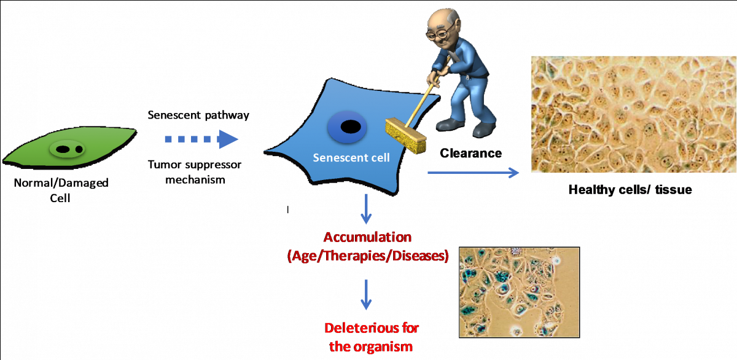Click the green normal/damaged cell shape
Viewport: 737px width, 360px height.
pos(70,147)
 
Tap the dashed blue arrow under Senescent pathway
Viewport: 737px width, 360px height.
pos(201,139)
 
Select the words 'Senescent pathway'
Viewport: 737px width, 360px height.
pos(198,115)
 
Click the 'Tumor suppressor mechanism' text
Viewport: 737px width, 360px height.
pos(195,172)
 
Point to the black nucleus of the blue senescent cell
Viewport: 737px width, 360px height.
pos(351,127)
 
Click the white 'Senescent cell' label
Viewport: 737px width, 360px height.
pos(351,158)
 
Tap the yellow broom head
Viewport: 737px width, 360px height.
pos(406,136)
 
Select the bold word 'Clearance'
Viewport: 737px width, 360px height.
pos(470,153)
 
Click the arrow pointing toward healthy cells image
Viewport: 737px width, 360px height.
pos(473,173)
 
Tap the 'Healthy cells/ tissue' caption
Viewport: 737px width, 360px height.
pos(630,190)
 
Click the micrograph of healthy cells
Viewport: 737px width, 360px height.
pos(634,114)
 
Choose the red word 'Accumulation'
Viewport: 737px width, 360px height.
pos(367,237)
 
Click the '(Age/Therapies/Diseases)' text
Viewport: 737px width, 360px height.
pos(368,256)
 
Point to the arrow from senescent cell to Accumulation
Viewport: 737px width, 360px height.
pos(366,209)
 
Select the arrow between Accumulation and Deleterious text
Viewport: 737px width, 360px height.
pos(366,295)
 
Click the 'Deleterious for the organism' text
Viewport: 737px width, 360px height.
pos(371,337)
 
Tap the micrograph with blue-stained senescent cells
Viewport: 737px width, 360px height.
pos(519,292)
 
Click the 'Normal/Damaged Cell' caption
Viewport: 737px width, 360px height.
pos(61,190)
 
